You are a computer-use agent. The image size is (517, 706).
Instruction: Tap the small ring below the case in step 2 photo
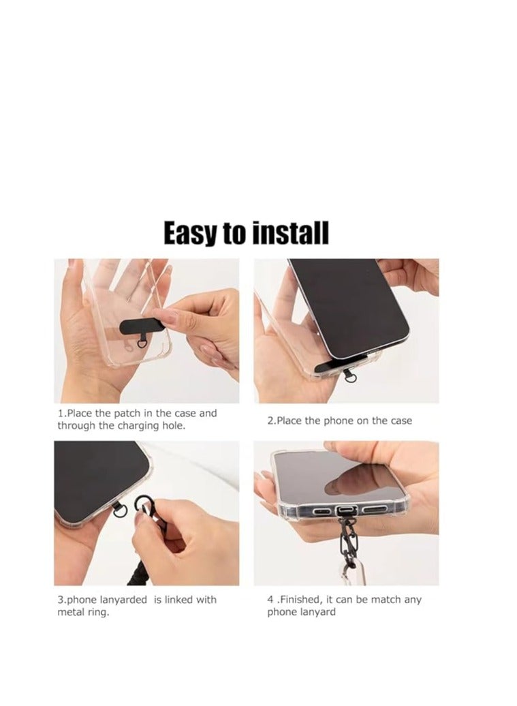pos(350,375)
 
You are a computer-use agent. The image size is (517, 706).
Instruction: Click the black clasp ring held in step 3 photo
pos(148,507)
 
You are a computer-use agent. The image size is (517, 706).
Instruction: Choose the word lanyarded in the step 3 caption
pos(121,600)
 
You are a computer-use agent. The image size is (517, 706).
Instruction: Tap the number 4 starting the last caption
pos(270,600)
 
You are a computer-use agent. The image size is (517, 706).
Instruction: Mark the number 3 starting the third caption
pos(60,600)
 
